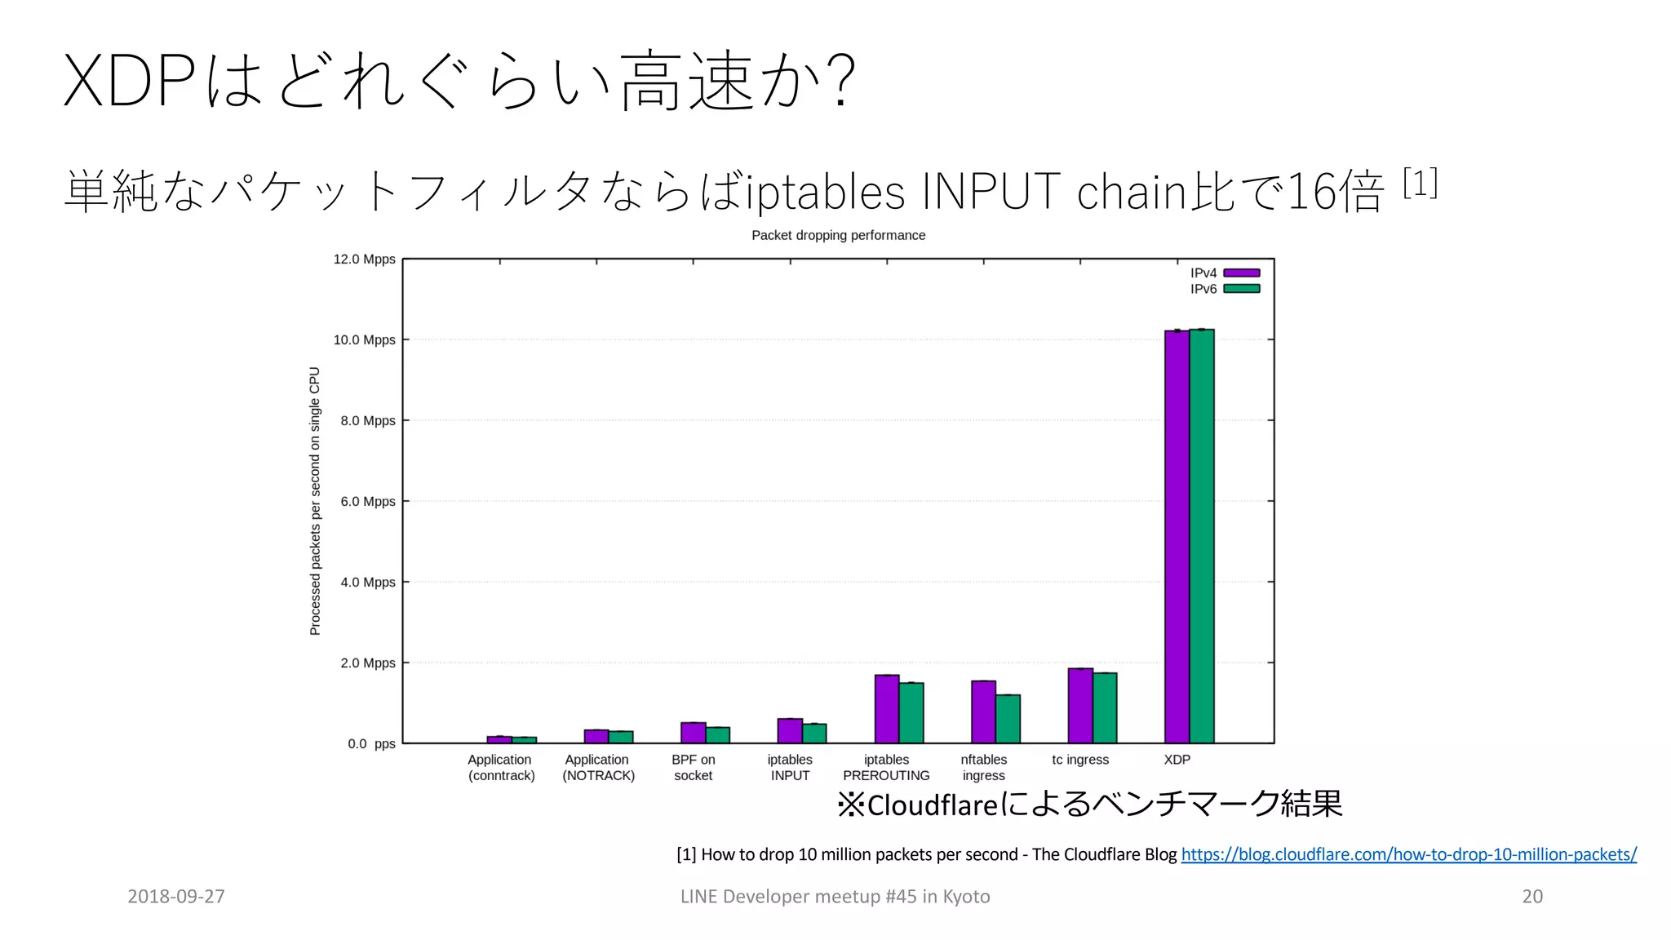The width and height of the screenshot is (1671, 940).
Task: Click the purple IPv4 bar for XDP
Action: (x=1177, y=539)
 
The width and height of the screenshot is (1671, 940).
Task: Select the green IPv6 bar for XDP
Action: (x=1202, y=539)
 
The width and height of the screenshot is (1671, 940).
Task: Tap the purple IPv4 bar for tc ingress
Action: (x=1080, y=706)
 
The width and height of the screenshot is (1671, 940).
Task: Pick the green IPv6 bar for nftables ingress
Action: (x=1008, y=719)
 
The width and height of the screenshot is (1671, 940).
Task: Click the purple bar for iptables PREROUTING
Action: (x=887, y=709)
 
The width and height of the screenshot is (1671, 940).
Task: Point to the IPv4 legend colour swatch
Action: (x=1242, y=273)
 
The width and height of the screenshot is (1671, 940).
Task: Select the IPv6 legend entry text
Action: (x=1203, y=289)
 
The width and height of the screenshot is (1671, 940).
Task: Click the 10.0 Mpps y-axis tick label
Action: (x=364, y=339)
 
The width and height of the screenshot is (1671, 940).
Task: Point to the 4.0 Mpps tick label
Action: (x=367, y=582)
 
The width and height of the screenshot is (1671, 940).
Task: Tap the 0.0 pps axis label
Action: (x=371, y=743)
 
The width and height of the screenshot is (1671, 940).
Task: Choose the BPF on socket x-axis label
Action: (x=694, y=767)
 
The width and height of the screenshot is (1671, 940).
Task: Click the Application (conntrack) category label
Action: (x=501, y=767)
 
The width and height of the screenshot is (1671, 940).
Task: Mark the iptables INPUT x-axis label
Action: (x=790, y=767)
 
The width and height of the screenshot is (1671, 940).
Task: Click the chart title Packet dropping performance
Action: (x=838, y=235)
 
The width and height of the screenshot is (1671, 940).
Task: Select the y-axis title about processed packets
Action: (x=315, y=501)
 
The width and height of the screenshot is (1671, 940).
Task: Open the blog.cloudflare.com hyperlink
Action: (x=1408, y=854)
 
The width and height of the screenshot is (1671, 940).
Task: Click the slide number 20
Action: (x=1532, y=896)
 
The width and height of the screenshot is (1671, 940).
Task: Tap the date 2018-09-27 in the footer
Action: (x=176, y=896)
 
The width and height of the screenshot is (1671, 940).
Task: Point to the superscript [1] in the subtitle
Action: (x=1420, y=183)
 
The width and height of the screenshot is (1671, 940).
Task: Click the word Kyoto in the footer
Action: (x=966, y=896)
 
